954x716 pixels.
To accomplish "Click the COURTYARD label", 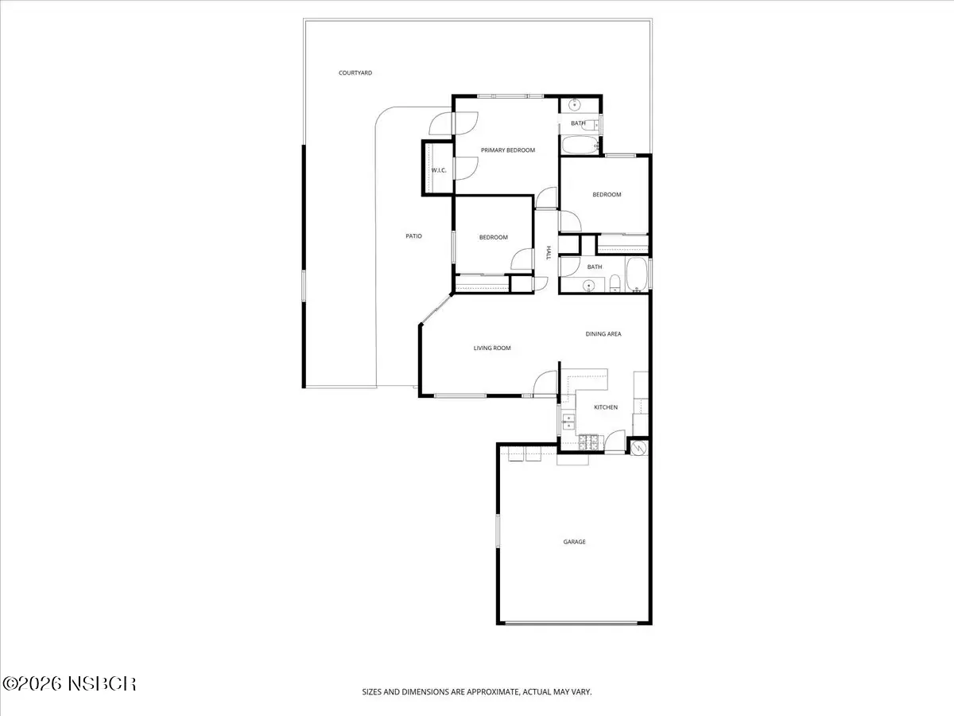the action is tap(355, 73).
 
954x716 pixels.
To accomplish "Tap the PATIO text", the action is tap(413, 236).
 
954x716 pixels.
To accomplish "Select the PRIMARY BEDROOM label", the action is tap(508, 150).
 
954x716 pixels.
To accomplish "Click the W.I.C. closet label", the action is tap(439, 170).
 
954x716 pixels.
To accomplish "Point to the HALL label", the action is tap(549, 252).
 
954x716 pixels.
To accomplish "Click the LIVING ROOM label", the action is tap(492, 348).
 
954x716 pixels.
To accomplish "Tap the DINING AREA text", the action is tap(603, 334).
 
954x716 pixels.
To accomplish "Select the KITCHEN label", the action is tap(606, 407).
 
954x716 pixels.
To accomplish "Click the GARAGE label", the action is tap(574, 542).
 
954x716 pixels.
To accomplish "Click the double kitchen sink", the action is tap(568, 422).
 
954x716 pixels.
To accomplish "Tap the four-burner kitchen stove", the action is tap(588, 442).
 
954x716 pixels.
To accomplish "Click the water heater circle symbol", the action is tap(639, 448).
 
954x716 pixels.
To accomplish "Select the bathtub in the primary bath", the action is tap(580, 145).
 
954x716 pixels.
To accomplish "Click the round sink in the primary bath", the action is tap(575, 105).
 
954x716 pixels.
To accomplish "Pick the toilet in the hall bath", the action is tap(615, 283).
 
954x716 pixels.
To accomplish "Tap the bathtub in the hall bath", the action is tap(637, 274).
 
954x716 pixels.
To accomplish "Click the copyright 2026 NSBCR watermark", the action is tap(69, 684).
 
